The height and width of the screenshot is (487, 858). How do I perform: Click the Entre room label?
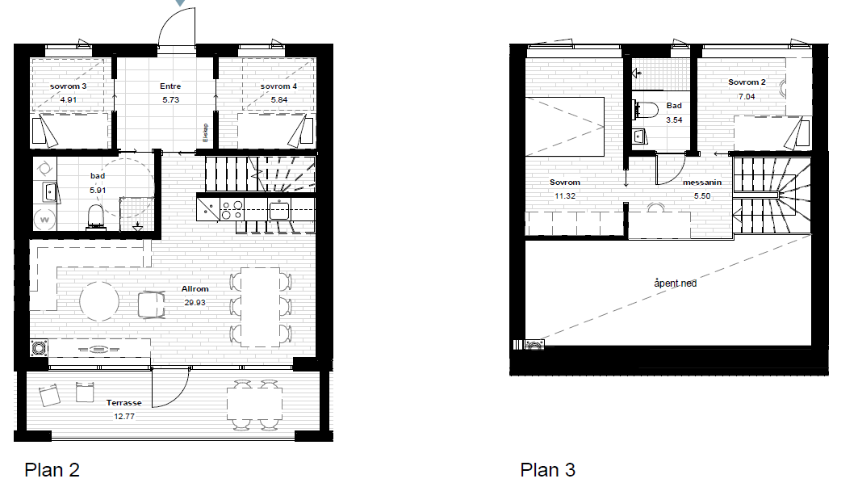tap(170, 86)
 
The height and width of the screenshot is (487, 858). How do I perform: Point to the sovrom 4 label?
tap(278, 86)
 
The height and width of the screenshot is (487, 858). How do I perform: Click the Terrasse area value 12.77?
tap(123, 417)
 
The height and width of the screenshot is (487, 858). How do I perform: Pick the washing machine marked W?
tap(44, 219)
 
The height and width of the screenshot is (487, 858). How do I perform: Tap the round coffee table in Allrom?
tap(100, 300)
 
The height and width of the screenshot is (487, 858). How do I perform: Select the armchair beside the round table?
tap(150, 304)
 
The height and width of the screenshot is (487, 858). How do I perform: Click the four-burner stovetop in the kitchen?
tap(232, 210)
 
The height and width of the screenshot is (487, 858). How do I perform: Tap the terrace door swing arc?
tap(171, 388)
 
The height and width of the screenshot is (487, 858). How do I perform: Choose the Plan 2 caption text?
tap(52, 470)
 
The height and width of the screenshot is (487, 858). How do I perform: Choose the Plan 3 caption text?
tap(547, 470)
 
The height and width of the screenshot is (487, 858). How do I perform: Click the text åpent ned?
tap(675, 283)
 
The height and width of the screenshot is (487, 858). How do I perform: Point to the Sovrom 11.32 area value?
tap(564, 196)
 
